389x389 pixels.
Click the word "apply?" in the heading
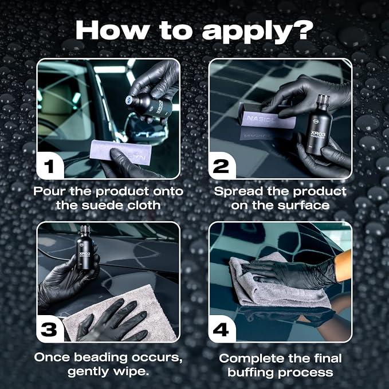[258, 32]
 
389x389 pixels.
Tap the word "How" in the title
[111, 30]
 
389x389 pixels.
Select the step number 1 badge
[50, 166]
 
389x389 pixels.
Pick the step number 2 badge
[221, 166]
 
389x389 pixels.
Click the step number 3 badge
[49, 329]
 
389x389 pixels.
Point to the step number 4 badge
[221, 330]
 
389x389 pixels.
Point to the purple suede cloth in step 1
[121, 152]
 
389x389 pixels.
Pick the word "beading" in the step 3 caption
[101, 358]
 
